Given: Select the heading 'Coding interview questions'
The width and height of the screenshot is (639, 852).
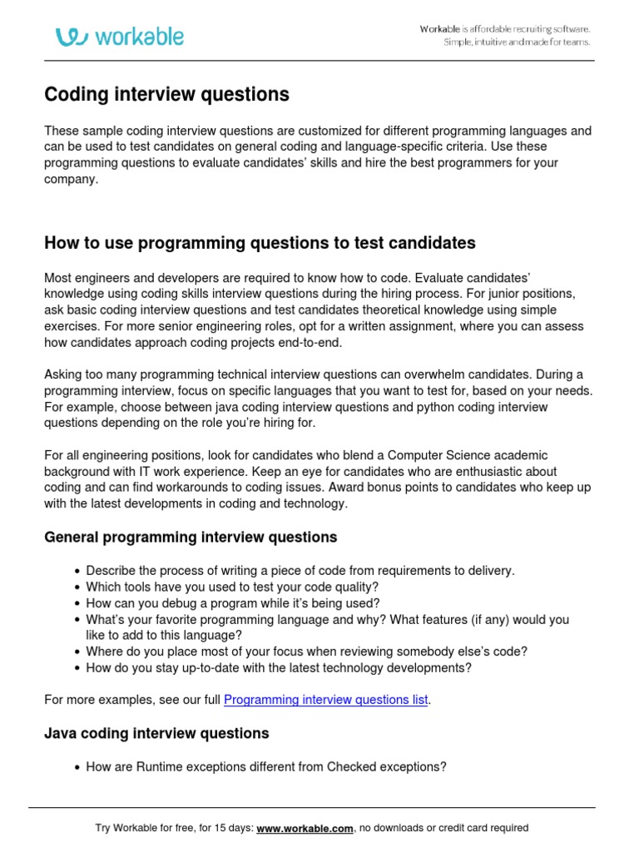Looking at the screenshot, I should click(x=166, y=95).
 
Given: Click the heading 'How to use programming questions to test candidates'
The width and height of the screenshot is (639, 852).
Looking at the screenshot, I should click(x=260, y=243).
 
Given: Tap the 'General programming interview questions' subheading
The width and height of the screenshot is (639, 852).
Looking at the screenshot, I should click(x=191, y=537).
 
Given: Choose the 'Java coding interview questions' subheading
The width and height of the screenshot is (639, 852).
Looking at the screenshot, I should click(x=156, y=734).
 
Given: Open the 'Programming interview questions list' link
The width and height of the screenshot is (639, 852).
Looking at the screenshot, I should click(x=326, y=701).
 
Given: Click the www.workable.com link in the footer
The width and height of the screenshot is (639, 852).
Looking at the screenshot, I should click(x=305, y=828).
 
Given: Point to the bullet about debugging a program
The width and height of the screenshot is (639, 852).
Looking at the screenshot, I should click(x=233, y=603).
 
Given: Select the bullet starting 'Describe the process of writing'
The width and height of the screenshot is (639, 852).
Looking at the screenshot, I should click(x=300, y=571).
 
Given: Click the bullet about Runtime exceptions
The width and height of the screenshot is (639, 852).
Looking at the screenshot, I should click(x=266, y=767).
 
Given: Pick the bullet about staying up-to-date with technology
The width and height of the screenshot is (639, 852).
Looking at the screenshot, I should click(x=279, y=667).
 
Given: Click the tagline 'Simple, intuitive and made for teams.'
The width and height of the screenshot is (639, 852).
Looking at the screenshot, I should click(x=517, y=42).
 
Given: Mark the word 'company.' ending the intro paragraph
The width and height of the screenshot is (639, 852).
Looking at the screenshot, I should click(x=72, y=179).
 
